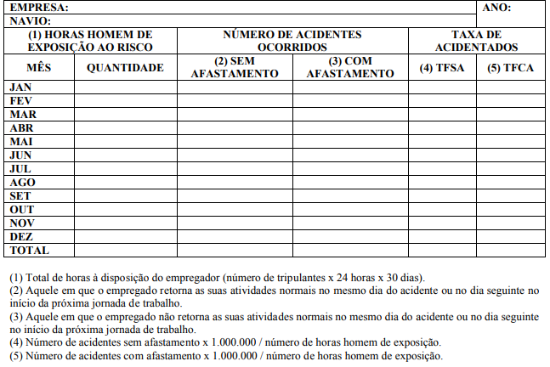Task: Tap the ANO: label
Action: click(496, 7)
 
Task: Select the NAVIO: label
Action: click(31, 20)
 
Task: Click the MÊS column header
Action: click(38, 67)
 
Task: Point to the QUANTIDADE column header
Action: click(125, 67)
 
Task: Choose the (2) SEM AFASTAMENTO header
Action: click(235, 67)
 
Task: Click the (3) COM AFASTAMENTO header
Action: click(350, 67)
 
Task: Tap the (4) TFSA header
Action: click(441, 67)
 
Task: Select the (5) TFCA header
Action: click(510, 67)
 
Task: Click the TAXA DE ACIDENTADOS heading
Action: click(475, 41)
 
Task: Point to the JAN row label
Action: click(20, 88)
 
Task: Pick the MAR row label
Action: click(23, 115)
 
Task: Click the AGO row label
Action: click(22, 183)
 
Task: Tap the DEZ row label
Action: click(21, 237)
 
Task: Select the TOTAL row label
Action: click(29, 251)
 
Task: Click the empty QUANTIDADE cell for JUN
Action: click(125, 155)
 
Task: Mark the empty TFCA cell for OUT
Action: click(510, 210)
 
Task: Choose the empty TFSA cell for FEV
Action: click(441, 101)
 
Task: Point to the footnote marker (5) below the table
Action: click(16, 355)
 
